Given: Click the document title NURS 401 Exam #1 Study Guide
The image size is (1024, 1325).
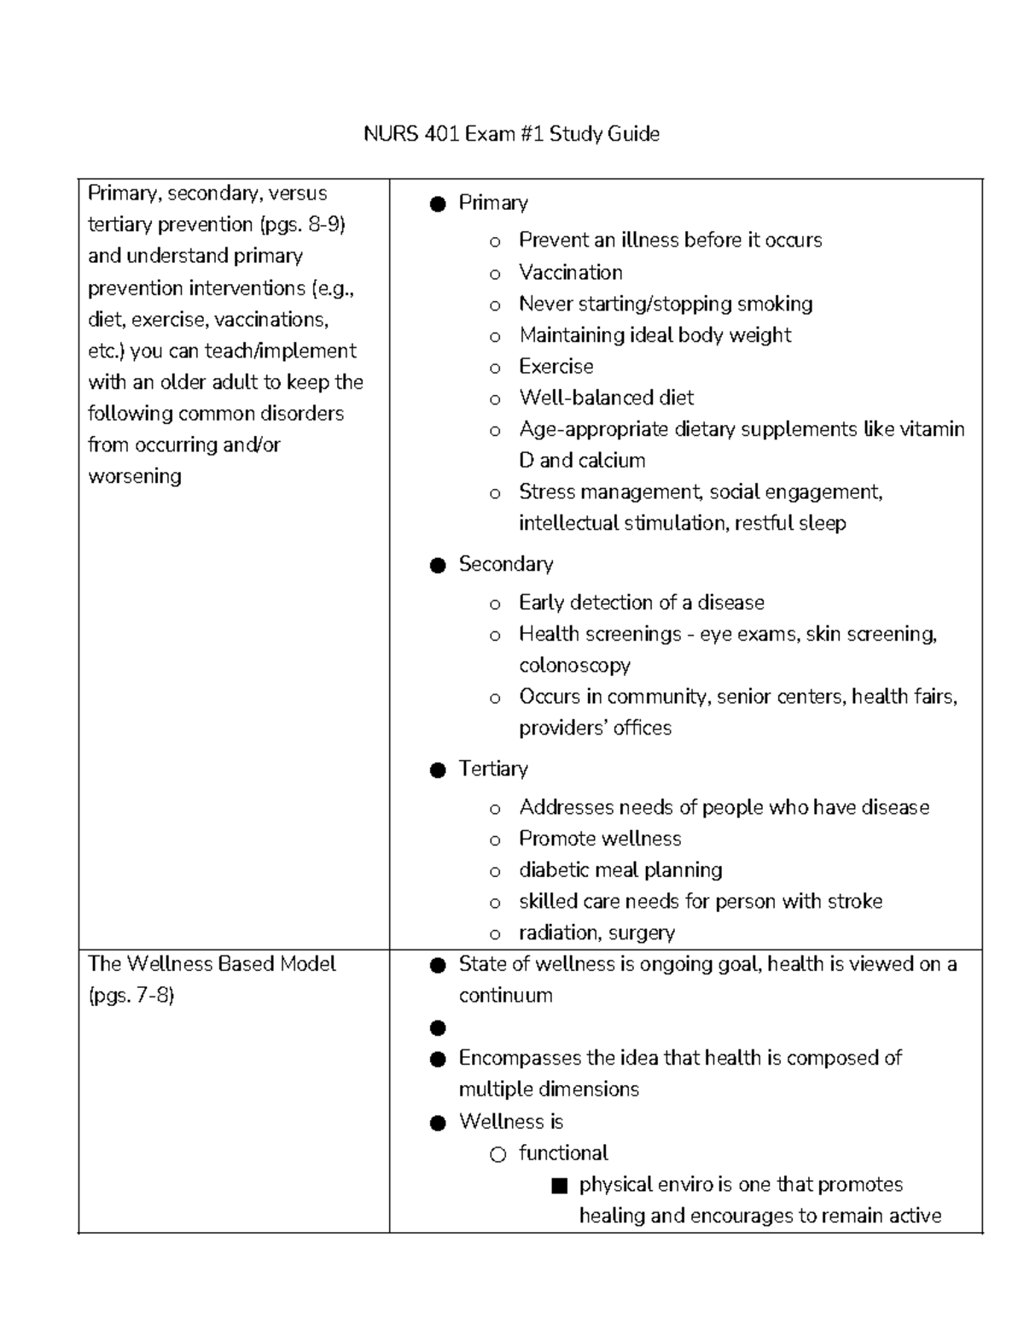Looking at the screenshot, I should point(511,134).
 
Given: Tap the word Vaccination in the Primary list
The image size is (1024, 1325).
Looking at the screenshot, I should point(570,272).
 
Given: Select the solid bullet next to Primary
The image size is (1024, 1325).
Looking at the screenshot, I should point(438,204).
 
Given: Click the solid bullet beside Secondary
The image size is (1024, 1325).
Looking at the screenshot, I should point(438,566).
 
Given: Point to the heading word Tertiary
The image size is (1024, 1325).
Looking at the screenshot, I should point(493,769).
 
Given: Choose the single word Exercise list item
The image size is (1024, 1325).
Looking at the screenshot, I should point(556,367).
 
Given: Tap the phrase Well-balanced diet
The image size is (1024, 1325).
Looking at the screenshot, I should point(606,398).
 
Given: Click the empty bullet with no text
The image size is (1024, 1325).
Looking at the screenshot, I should point(438,1028).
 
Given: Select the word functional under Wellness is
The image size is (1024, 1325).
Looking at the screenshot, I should point(563,1154).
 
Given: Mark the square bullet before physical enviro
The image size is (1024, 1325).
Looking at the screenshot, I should point(559,1186).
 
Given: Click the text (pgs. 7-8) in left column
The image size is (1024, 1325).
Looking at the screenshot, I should point(131,996).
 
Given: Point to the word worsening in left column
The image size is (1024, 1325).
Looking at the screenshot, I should point(135,476).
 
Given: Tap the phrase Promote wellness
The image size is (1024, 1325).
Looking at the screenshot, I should point(600,839).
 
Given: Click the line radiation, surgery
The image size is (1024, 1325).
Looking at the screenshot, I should point(596,933).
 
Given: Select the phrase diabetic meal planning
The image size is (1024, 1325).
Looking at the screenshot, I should point(620,870).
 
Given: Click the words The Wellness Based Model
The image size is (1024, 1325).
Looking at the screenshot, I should point(212,964).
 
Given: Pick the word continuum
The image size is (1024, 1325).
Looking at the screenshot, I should point(505,996).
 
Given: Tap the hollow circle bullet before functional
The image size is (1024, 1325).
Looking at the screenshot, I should point(497,1155).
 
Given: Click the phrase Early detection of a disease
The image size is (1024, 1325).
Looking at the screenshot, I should point(641,603).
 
